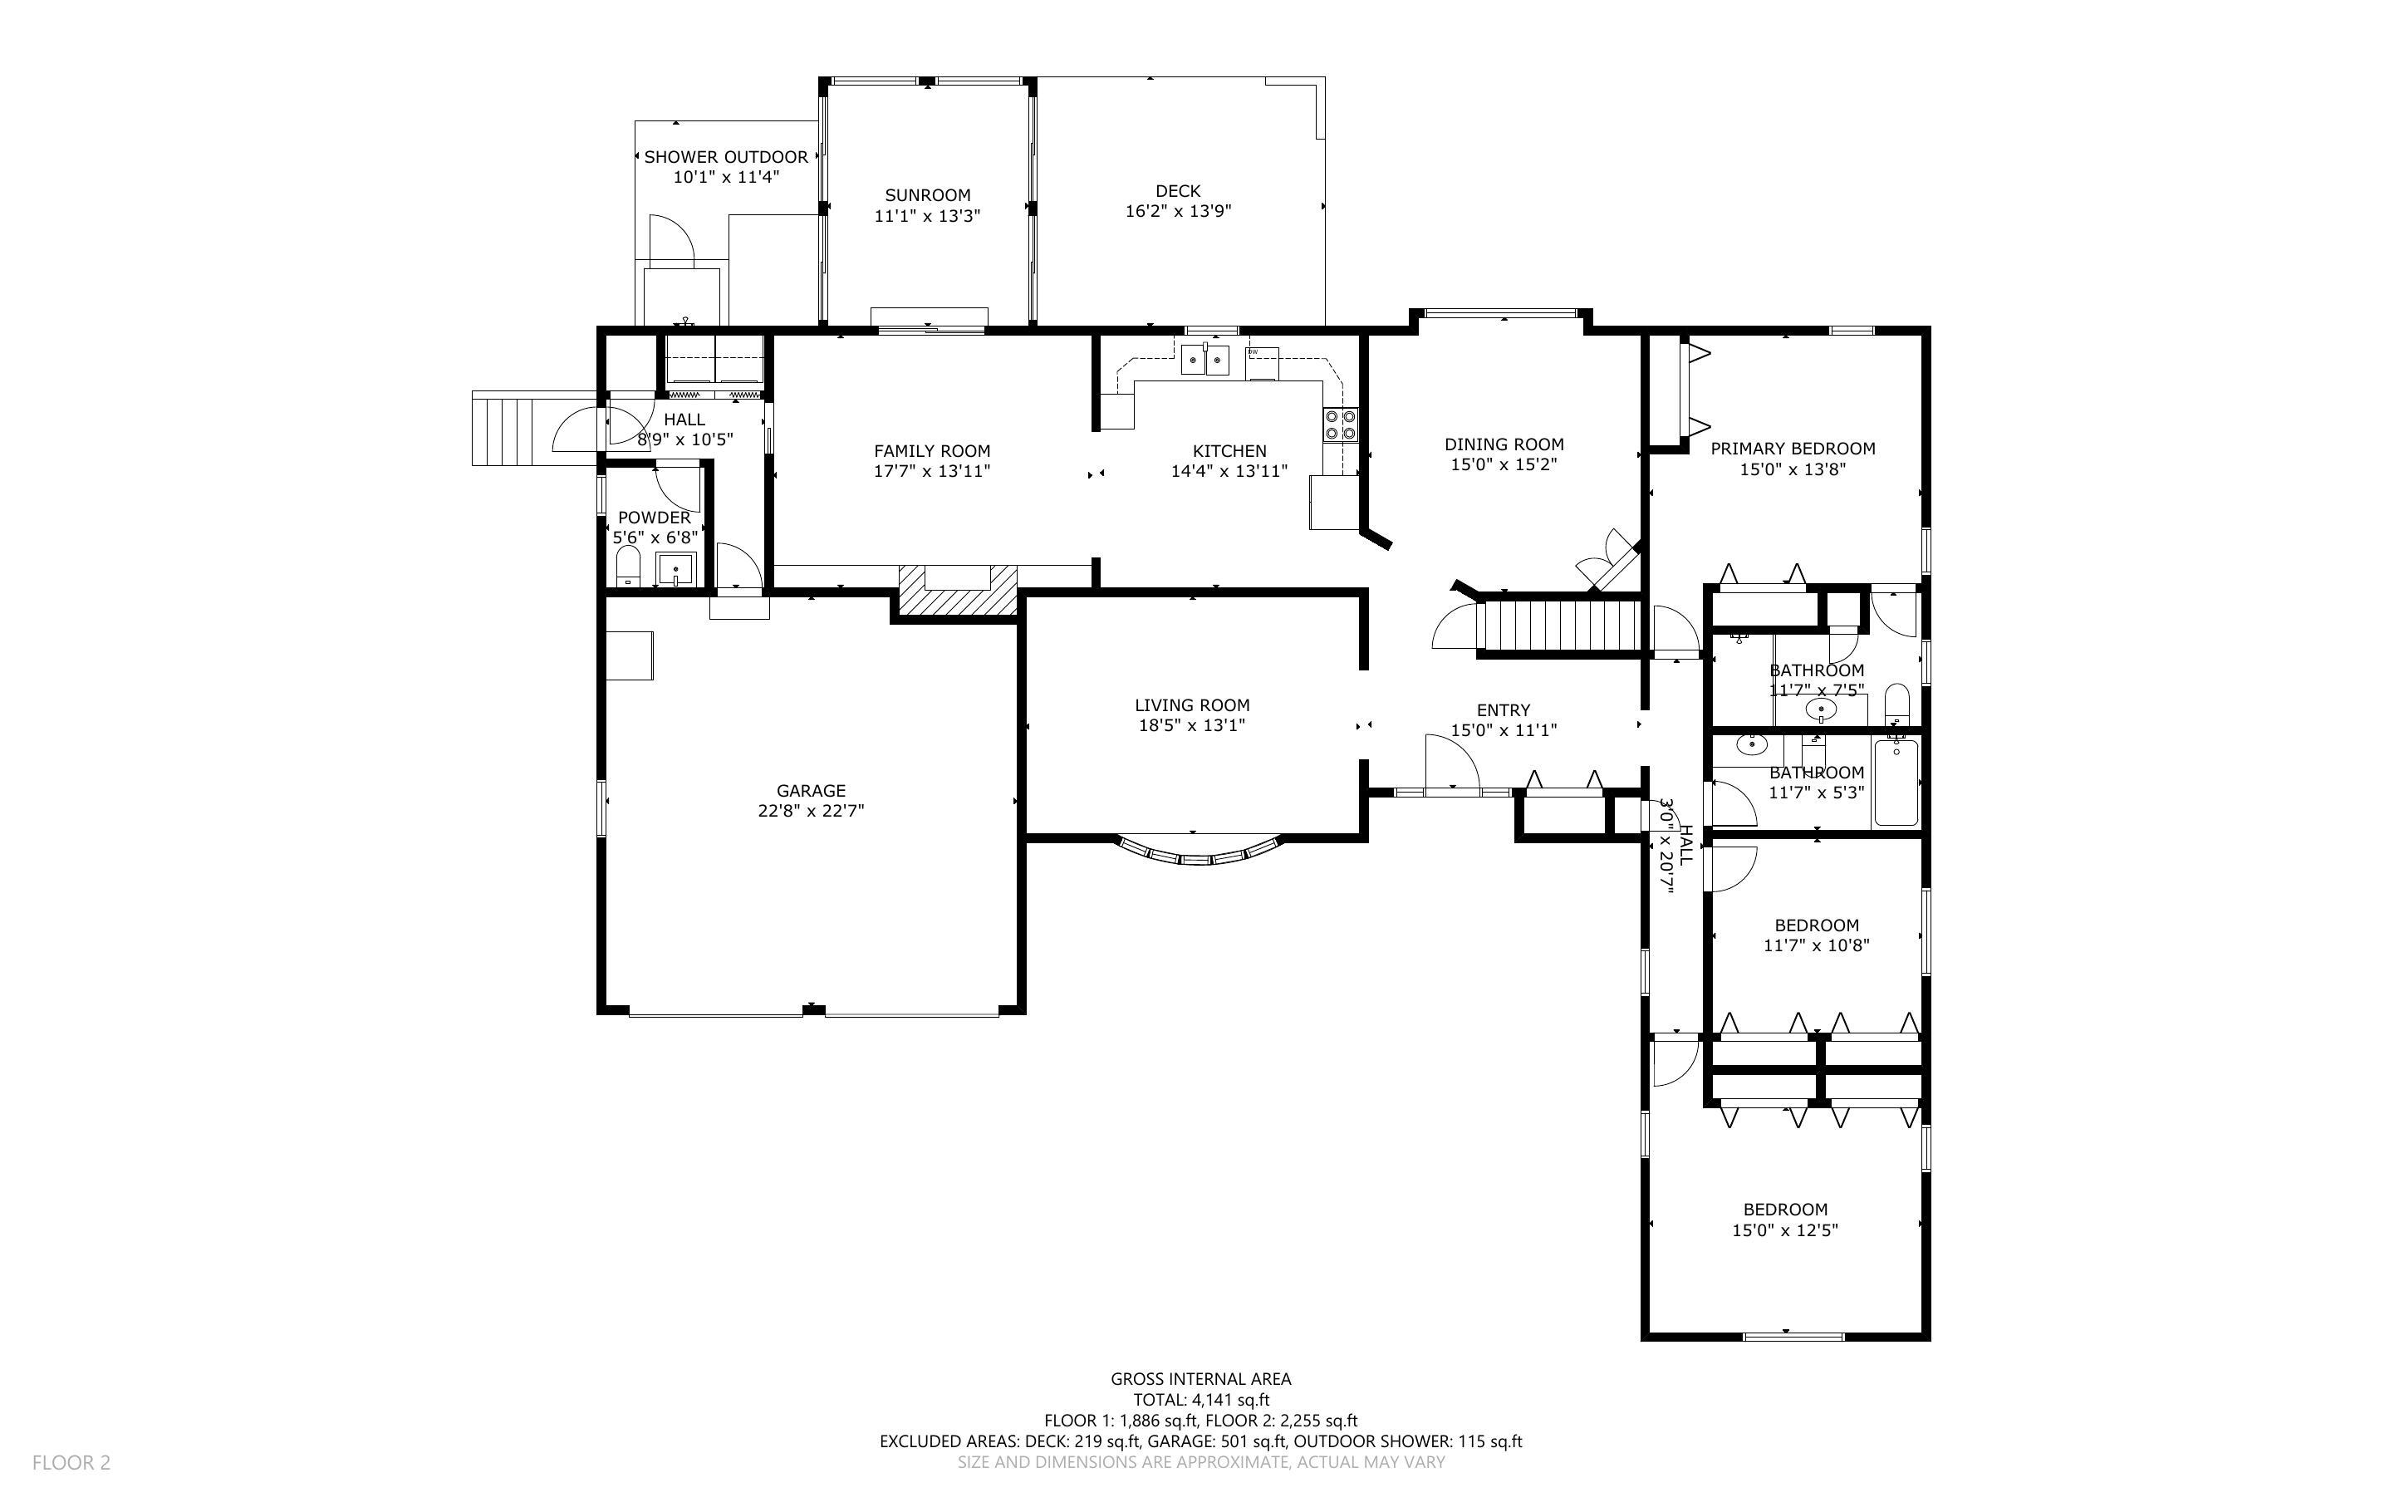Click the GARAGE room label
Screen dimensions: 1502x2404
(x=810, y=791)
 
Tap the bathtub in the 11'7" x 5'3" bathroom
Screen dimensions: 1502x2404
(x=1896, y=782)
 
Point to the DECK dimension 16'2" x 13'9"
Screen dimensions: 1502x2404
(x=1178, y=211)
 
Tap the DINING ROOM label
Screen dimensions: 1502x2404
(x=1504, y=445)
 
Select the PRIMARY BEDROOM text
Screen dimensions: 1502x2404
(x=1793, y=449)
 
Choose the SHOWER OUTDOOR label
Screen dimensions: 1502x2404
(x=726, y=157)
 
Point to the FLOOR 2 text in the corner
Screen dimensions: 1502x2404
(x=71, y=1462)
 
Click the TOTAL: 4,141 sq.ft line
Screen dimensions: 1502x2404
(x=1200, y=1400)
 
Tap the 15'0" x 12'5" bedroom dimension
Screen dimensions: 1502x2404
(x=1784, y=1230)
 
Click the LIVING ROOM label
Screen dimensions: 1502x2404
(x=1191, y=705)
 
